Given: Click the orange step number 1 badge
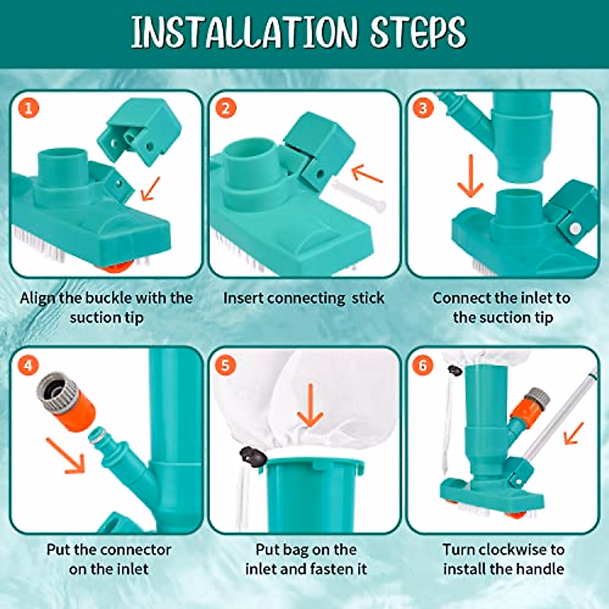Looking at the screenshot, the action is (x=28, y=108).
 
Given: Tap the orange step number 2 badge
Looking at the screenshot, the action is (x=226, y=108).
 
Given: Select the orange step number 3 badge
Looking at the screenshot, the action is (x=423, y=108).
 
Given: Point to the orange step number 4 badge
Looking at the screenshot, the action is (x=28, y=365).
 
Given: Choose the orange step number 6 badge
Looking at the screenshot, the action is (x=423, y=365).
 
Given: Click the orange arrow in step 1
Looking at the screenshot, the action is (x=150, y=189).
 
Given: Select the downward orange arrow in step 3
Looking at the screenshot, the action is (x=470, y=176).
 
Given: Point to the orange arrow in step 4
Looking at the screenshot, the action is (x=66, y=455).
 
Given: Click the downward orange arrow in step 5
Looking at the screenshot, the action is (x=310, y=405).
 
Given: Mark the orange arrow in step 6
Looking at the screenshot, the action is (x=574, y=433).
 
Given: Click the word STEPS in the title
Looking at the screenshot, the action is (x=418, y=32).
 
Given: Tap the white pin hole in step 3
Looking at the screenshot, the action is (x=576, y=229).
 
